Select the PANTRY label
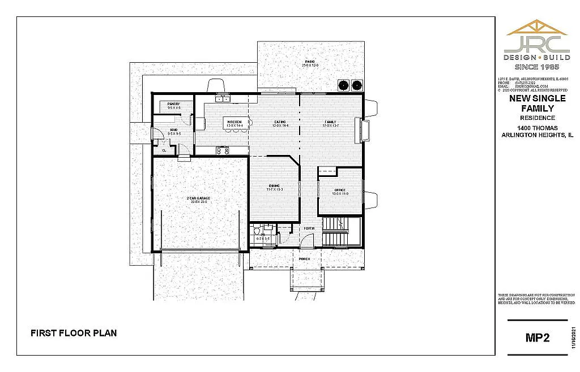coord(174,104)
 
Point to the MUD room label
coord(174,129)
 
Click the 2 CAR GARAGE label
coord(198,198)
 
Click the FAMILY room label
coord(330,122)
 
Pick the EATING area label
coord(280,122)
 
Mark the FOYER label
coord(309,228)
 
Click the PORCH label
coord(305,259)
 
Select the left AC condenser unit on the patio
coord(343,86)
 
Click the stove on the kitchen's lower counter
coord(223,150)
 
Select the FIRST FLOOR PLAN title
coord(74,333)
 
